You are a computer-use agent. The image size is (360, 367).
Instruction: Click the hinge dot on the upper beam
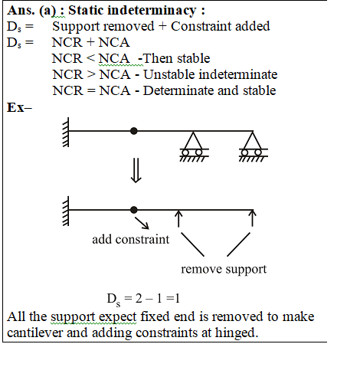tap(134, 131)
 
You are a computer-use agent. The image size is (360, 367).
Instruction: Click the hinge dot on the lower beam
tap(134, 210)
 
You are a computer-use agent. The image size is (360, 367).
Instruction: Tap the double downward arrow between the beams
tap(136, 170)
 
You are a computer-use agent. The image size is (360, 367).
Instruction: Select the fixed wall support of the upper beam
tap(66, 132)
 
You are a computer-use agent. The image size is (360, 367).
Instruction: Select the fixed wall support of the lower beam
tap(66, 211)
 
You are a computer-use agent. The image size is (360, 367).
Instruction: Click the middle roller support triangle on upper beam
tap(193, 140)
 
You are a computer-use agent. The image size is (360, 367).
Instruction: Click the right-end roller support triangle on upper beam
tap(253, 140)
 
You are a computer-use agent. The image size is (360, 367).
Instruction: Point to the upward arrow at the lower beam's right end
tap(253, 218)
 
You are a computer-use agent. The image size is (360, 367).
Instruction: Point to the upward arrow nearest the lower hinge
tap(178, 218)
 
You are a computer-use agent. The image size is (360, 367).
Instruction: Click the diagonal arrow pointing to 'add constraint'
tap(142, 223)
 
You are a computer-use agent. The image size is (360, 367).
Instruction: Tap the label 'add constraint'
tap(131, 240)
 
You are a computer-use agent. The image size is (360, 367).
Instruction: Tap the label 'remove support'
tap(224, 269)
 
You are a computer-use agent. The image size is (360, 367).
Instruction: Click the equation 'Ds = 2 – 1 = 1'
tap(143, 299)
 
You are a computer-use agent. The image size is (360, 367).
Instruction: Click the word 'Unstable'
tap(169, 74)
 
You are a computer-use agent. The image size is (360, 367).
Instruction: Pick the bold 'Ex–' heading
tap(19, 107)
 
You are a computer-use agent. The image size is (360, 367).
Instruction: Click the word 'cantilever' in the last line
tap(35, 333)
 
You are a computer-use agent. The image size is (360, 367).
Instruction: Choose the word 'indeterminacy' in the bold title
tap(152, 11)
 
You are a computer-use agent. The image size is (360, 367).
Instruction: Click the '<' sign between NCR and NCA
tap(90, 58)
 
